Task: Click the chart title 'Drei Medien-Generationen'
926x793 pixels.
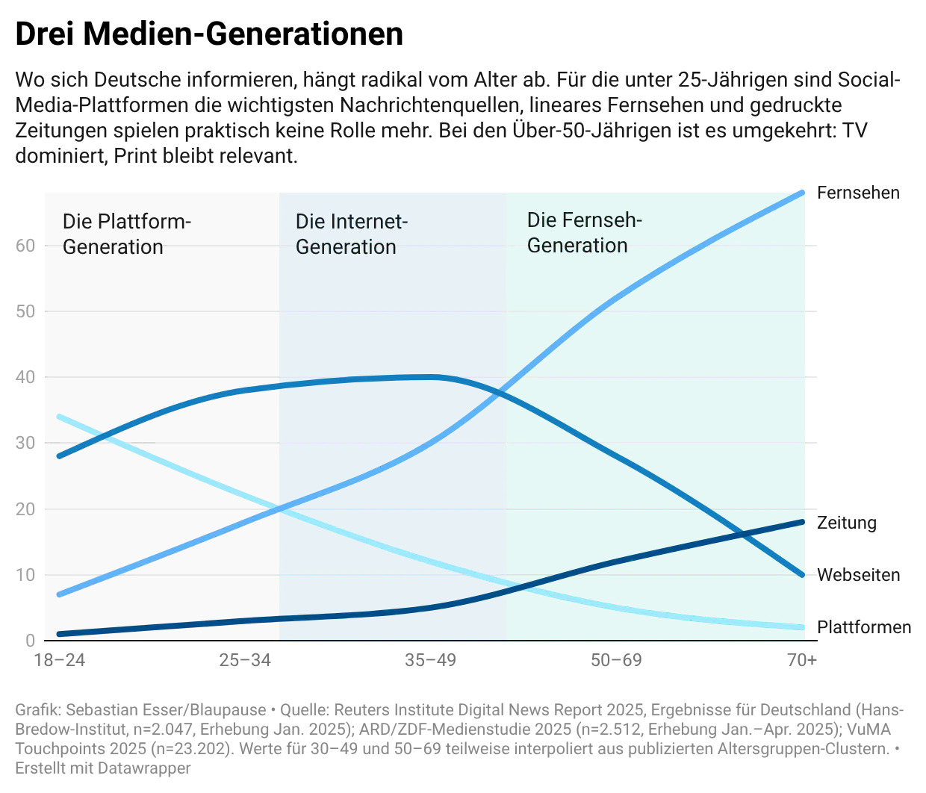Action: (x=209, y=34)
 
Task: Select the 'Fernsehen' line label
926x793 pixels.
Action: (x=858, y=193)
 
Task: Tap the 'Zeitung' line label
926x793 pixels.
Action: (x=846, y=523)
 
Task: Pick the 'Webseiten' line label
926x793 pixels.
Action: (x=858, y=575)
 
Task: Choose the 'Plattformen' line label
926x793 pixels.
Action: (x=864, y=627)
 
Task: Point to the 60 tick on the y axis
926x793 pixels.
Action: (x=25, y=246)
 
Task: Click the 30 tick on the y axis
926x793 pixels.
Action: (x=25, y=443)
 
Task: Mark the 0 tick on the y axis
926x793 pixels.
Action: (x=30, y=641)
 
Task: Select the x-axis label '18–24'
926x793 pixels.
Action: (x=60, y=660)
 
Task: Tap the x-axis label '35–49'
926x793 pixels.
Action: (x=430, y=660)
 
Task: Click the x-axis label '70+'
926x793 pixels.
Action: (x=802, y=660)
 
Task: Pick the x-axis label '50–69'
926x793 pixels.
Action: (x=616, y=660)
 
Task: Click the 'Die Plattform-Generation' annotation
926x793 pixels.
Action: (x=127, y=234)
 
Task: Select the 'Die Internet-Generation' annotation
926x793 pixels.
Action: (x=351, y=234)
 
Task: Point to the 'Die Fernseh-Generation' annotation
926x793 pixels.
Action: (x=584, y=232)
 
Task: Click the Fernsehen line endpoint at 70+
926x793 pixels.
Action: (x=803, y=193)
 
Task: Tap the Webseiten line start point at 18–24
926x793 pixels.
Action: (x=60, y=455)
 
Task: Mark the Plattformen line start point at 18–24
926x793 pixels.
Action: (x=60, y=417)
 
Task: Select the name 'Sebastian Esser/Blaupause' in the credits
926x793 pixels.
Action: (x=166, y=710)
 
